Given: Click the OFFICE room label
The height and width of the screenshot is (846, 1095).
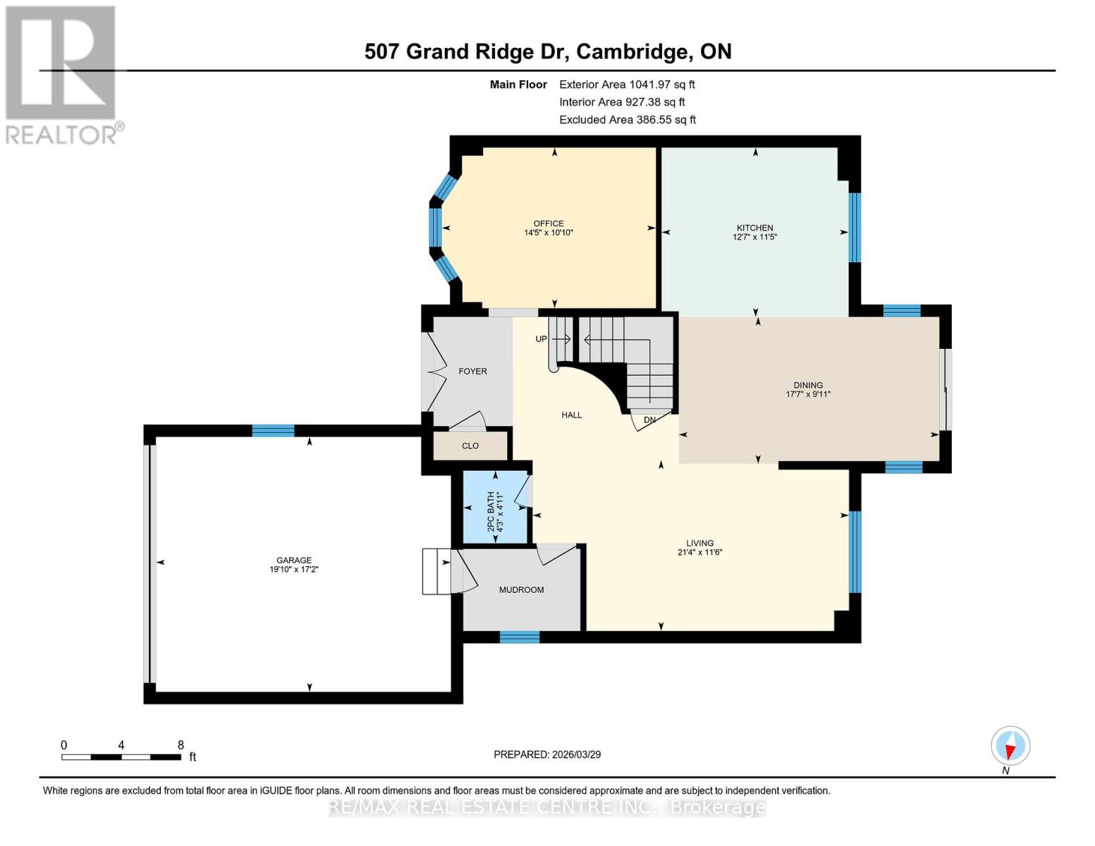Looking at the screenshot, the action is [x=549, y=223].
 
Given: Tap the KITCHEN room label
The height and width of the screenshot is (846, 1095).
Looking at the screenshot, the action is [x=755, y=228].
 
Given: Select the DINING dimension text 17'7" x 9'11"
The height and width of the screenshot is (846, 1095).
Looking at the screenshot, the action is [x=808, y=394].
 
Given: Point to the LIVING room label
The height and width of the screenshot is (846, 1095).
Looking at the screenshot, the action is [x=700, y=543].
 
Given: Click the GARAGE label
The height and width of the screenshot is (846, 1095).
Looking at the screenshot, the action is [x=294, y=560].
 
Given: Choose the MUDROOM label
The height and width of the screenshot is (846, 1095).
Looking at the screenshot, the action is [x=522, y=589].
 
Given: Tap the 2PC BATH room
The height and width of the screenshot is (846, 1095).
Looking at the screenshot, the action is [x=495, y=508].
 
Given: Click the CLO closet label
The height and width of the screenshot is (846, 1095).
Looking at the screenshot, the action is [x=470, y=446].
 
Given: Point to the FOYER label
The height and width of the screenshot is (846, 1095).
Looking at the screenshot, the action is [x=472, y=372].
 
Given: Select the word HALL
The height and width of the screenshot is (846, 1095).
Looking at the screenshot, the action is [x=571, y=415].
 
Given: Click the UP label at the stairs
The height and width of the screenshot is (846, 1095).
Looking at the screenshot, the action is [x=542, y=339].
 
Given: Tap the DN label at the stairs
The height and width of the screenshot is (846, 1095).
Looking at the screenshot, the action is [x=650, y=419].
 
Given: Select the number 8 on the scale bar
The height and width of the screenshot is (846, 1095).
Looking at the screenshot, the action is [x=181, y=744].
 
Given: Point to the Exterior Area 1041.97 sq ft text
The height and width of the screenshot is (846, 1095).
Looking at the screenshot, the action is [x=627, y=85].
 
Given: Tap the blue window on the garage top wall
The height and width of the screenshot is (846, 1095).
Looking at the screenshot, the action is [x=273, y=431].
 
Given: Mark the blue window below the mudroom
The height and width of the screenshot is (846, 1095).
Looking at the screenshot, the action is [x=520, y=637].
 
